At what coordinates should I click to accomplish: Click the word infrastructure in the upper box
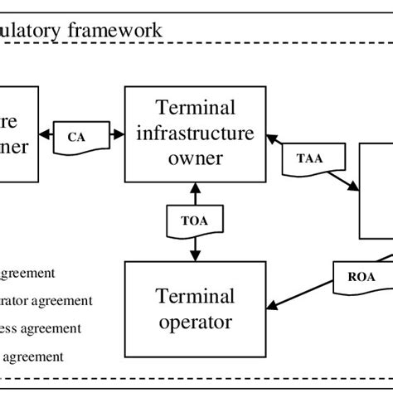pos(195,133)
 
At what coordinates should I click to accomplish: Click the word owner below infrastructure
pos(195,158)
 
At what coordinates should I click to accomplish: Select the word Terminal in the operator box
pos(195,296)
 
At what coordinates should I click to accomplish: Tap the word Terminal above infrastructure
pos(195,108)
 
